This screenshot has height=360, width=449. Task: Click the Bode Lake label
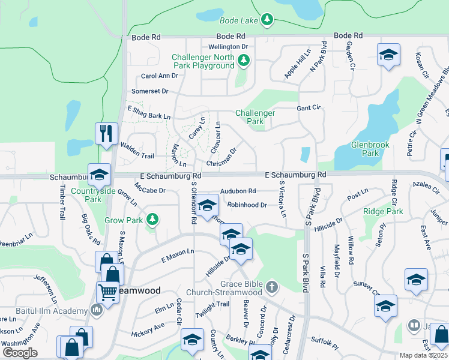click(239, 20)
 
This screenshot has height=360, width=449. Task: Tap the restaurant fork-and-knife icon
click(106, 133)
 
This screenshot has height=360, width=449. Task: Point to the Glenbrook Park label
click(370, 149)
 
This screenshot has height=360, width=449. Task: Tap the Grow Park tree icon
click(153, 220)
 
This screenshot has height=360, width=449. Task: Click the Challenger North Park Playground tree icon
click(243, 61)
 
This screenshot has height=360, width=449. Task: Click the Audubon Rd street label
click(238, 191)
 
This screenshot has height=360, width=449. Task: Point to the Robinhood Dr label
click(247, 205)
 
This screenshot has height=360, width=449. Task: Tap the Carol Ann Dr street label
click(160, 76)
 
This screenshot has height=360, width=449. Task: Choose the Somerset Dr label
click(150, 91)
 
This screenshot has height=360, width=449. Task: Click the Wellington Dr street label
click(228, 47)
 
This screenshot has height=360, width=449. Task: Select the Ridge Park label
click(383, 212)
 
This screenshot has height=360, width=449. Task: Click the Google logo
click(20, 353)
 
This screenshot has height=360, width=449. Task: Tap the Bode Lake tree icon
click(267, 20)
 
